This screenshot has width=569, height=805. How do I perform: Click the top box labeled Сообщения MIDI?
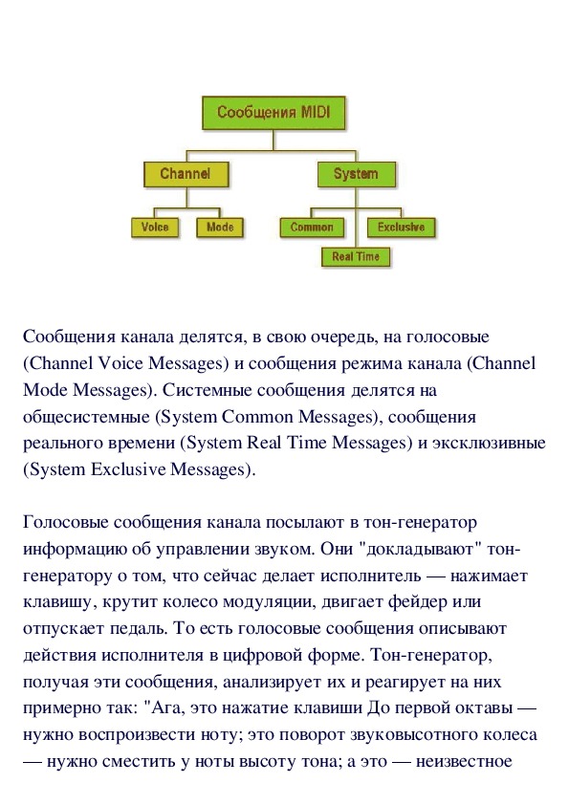click(x=274, y=113)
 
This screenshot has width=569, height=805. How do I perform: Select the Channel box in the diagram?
click(x=186, y=174)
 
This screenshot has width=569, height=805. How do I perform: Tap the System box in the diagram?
click(x=357, y=174)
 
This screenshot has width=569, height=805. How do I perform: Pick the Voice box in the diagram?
click(x=155, y=228)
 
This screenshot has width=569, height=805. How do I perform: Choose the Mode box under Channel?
click(x=220, y=228)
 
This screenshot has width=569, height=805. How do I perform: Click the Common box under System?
click(x=312, y=228)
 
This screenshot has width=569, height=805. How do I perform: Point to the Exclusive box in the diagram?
click(x=401, y=228)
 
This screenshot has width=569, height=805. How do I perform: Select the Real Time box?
click(x=356, y=256)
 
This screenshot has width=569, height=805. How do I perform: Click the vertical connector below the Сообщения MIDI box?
click(x=274, y=141)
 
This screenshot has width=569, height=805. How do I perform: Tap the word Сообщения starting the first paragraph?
click(x=69, y=337)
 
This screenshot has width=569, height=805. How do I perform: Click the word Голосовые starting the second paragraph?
click(x=66, y=523)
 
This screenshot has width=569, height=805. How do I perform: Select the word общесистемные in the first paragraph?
click(x=86, y=417)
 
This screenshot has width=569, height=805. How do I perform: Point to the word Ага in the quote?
click(x=165, y=708)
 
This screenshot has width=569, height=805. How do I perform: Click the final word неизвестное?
click(x=464, y=761)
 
